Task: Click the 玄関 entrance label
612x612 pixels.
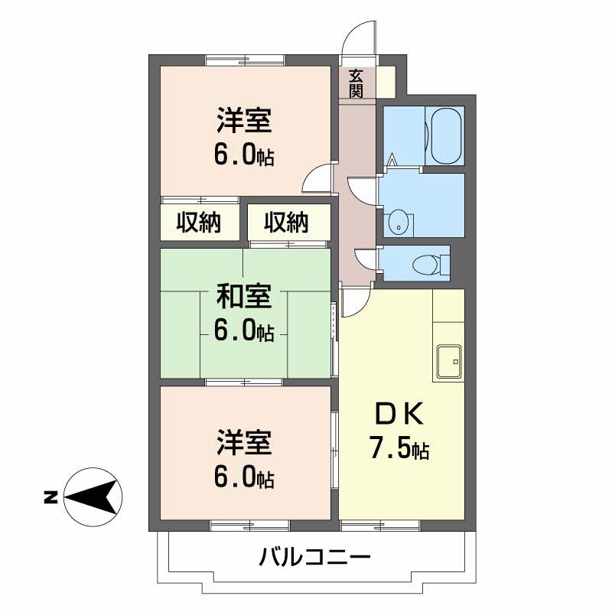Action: pyautogui.click(x=356, y=83)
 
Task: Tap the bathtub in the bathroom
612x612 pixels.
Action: pyautogui.click(x=446, y=136)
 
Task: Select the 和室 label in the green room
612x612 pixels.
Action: pyautogui.click(x=243, y=295)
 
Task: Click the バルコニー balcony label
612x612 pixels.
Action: pyautogui.click(x=314, y=556)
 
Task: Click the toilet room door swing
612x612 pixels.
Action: pyautogui.click(x=365, y=259)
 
